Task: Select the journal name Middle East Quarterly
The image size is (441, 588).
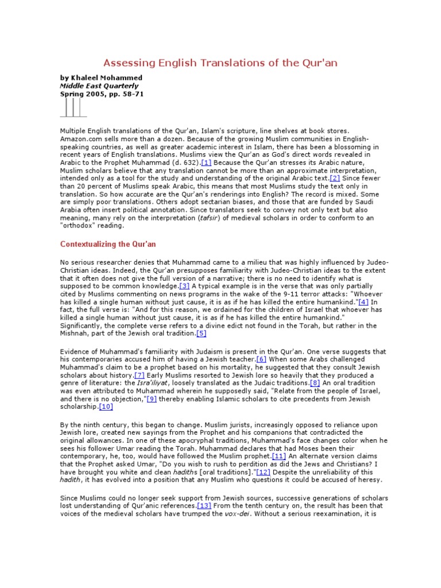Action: pyautogui.click(x=99, y=86)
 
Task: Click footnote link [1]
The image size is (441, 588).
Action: pyautogui.click(x=206, y=163)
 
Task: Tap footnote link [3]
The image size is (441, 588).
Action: pyautogui.click(x=184, y=285)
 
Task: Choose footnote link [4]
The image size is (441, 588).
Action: pyautogui.click(x=363, y=301)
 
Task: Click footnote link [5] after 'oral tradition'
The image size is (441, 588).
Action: pyautogui.click(x=200, y=334)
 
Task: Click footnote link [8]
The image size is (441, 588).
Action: pyautogui.click(x=315, y=382)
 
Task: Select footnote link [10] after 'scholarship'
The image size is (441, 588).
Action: pyautogui.click(x=106, y=406)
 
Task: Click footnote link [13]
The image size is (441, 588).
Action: pyautogui.click(x=204, y=506)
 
